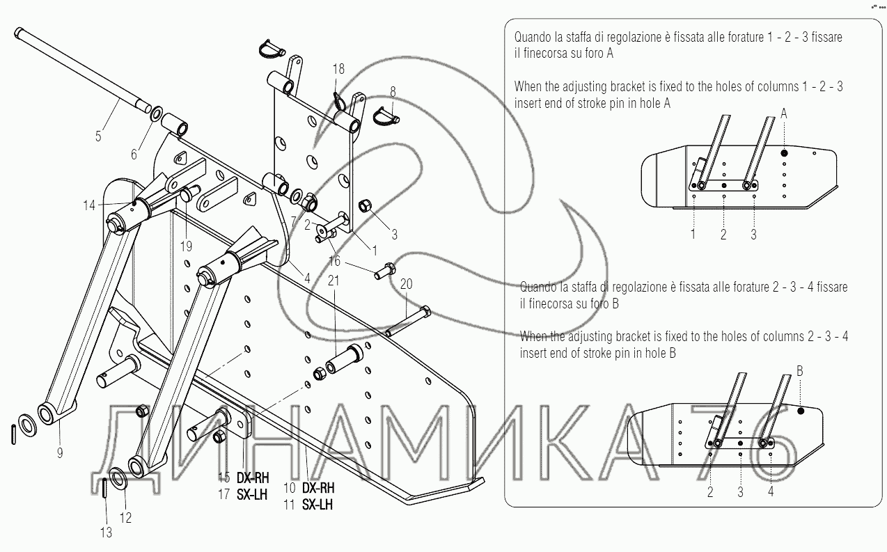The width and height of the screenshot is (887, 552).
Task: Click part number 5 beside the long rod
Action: tap(98, 136)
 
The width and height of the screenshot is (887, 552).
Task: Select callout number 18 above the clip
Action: tap(338, 69)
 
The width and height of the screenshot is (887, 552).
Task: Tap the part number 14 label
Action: tap(90, 205)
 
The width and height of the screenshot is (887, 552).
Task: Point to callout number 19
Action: tap(186, 246)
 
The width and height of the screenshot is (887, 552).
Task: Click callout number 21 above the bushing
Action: tap(333, 281)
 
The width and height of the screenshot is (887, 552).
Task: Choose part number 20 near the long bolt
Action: tap(407, 284)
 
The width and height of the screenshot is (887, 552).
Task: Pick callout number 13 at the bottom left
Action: tap(106, 533)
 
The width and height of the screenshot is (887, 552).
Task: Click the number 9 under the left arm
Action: tap(60, 452)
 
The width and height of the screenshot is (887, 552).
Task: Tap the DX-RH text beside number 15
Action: tap(253, 478)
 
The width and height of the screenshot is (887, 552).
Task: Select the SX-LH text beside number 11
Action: tap(317, 505)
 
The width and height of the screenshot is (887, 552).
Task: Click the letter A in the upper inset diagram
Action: tap(784, 114)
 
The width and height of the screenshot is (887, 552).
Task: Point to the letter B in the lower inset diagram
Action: tap(799, 371)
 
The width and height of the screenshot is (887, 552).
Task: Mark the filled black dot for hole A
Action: tap(784, 153)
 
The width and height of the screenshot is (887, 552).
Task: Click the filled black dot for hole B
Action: tap(800, 411)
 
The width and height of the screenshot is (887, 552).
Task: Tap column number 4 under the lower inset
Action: tap(771, 491)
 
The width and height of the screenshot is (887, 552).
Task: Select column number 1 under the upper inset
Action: tap(693, 234)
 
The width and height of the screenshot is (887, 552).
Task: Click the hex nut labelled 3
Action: tap(364, 205)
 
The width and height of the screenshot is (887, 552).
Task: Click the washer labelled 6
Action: tap(156, 113)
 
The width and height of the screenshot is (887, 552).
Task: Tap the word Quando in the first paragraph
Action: tap(532, 37)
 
